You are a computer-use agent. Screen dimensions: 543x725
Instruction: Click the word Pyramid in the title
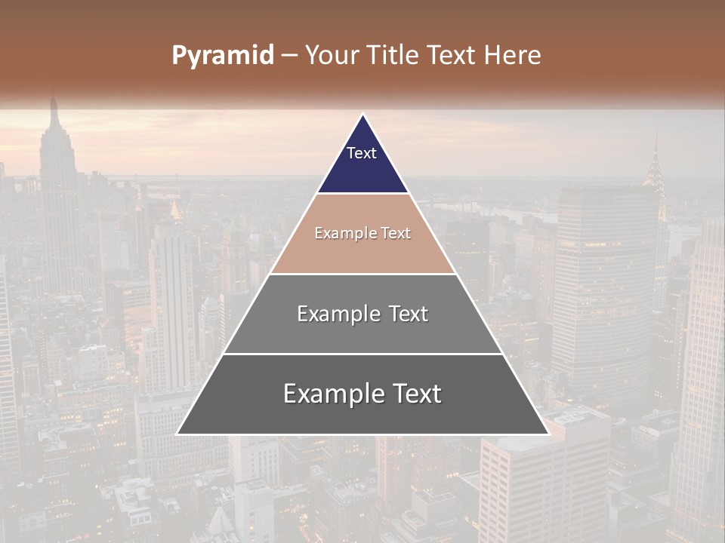(223, 55)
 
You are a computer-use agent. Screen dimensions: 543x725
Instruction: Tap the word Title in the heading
(394, 55)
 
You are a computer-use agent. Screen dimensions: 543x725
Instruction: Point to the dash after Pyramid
(289, 56)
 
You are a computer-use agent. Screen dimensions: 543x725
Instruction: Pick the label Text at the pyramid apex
(362, 153)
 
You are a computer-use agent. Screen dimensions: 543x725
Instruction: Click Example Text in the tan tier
(362, 233)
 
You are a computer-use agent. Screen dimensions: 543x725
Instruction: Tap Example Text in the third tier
(362, 314)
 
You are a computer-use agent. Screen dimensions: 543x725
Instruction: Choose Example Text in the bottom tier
(362, 394)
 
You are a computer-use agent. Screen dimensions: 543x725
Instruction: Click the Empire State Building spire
(54, 106)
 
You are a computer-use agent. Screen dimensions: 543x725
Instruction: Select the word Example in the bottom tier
(330, 394)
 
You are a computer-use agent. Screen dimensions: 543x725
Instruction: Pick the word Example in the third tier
(336, 314)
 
